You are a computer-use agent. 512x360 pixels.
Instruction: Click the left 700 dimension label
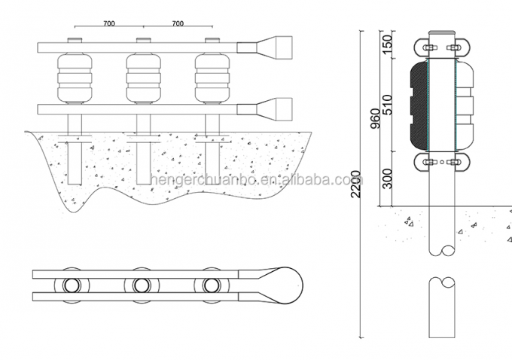click(x=108, y=24)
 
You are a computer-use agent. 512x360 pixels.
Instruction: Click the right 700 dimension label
click(x=178, y=24)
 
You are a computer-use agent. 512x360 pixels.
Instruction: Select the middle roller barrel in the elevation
click(x=143, y=78)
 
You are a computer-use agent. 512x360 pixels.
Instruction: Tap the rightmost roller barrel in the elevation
click(x=212, y=78)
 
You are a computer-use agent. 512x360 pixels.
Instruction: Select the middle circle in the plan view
click(x=142, y=285)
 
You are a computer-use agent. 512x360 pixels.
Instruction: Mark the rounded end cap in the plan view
click(x=287, y=285)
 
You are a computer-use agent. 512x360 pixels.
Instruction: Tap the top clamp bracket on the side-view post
click(x=442, y=47)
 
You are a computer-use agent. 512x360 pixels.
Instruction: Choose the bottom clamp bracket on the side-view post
click(x=442, y=162)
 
